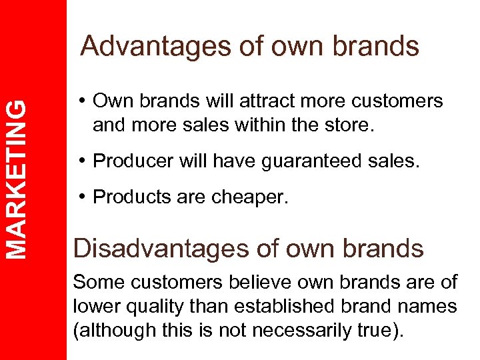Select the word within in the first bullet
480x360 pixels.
pyautogui.click(x=259, y=125)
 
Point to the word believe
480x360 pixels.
pyautogui.click(x=256, y=282)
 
